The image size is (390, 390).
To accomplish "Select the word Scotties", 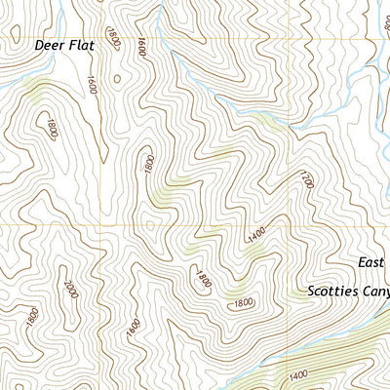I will [332, 291].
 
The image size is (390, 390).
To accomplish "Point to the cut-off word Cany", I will [375, 291].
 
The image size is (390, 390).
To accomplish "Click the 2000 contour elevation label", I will [69, 292].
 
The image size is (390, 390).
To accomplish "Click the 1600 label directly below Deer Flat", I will [94, 85].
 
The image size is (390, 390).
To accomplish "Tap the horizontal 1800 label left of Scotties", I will [245, 303].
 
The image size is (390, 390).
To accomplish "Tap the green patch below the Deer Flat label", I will [37, 92].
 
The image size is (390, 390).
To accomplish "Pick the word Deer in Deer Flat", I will [49, 45].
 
